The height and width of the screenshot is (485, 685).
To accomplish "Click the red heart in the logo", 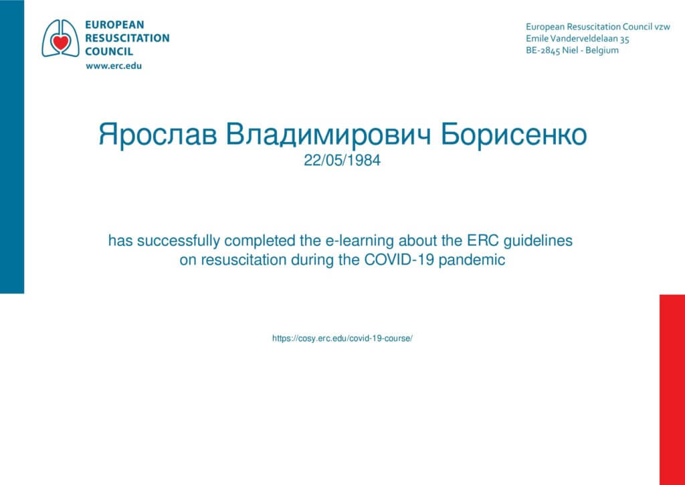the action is (x=60, y=42).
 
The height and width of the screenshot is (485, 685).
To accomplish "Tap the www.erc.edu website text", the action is (x=114, y=66).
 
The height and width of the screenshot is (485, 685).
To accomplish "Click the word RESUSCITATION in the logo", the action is (x=127, y=38).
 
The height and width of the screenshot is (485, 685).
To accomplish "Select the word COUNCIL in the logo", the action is (x=109, y=52).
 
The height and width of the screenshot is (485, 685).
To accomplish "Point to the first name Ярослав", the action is (x=157, y=135).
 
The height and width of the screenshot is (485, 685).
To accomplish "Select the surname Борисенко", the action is (x=513, y=135).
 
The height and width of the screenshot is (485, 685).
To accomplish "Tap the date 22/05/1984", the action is (x=342, y=161).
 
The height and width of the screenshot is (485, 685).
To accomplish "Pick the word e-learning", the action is (x=360, y=241).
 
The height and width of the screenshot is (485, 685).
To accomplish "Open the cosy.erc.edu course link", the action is (x=342, y=338).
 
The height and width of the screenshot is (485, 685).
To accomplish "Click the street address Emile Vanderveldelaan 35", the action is (x=577, y=38).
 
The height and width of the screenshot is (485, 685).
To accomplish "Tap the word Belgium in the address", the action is (x=602, y=50).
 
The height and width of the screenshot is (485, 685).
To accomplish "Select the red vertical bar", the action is (x=672, y=390).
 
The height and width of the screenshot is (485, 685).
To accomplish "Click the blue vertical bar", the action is (x=12, y=147).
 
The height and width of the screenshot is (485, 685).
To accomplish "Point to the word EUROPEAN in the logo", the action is (x=114, y=25).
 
